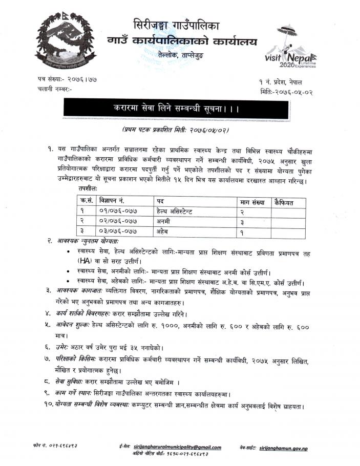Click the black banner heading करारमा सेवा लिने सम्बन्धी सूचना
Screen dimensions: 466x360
(180, 110)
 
